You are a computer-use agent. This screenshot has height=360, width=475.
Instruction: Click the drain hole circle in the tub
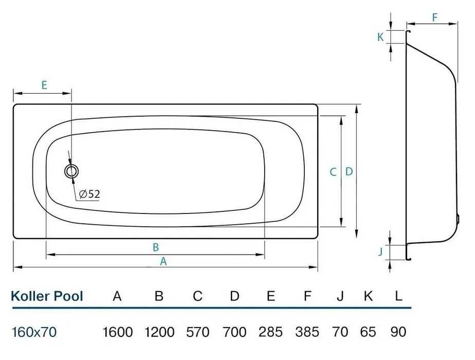71,171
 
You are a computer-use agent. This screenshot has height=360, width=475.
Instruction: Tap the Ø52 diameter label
89,194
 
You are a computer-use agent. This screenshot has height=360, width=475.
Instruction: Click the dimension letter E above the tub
44,85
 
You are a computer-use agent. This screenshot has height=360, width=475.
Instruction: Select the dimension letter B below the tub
156,247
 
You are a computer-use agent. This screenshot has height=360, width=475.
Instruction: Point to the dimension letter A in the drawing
163,261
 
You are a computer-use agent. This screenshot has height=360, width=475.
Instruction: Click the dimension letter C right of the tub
333,172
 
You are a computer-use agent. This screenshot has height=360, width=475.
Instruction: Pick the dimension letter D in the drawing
349,172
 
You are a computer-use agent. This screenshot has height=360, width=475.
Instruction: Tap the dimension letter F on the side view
435,17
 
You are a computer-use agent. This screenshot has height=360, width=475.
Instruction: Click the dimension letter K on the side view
380,37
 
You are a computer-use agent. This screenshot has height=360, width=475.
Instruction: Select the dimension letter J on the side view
381,251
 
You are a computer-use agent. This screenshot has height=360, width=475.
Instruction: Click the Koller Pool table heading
47,296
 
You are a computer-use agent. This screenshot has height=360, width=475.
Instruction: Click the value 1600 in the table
118,332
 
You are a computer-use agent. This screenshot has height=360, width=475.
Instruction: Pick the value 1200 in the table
159,332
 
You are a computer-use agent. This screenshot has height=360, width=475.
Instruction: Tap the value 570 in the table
198,332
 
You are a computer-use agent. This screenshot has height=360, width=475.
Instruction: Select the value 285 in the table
271,332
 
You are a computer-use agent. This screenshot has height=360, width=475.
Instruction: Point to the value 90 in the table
398,332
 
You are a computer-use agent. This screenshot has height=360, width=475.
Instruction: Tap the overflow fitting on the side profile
457,219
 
